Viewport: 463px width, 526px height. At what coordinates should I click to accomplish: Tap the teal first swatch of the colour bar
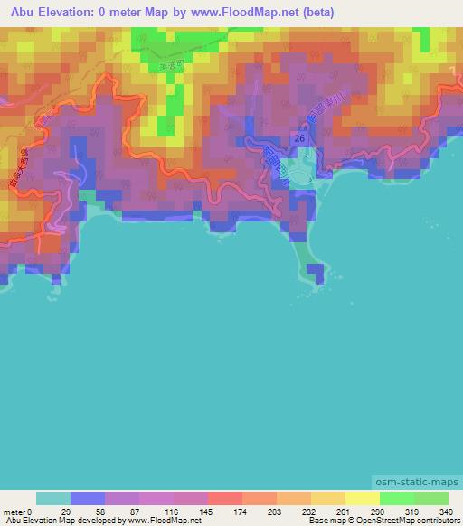[x=53, y=498]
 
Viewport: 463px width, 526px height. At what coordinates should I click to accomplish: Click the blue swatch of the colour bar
[x=88, y=498]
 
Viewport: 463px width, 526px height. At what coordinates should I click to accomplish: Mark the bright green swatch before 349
[x=431, y=498]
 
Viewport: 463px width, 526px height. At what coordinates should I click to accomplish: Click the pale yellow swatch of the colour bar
[x=363, y=498]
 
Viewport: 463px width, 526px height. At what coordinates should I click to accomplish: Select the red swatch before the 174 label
[x=225, y=498]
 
